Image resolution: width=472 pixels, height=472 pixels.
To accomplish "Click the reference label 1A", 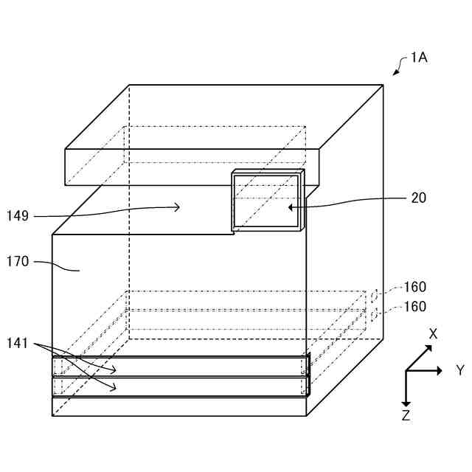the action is (x=419, y=57).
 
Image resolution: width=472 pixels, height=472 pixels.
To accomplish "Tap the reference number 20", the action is (x=417, y=198).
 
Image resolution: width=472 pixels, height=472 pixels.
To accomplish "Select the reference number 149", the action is (x=18, y=216).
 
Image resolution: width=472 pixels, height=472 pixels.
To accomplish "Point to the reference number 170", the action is (x=18, y=260).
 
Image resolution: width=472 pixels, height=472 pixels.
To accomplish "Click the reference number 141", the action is (x=18, y=342).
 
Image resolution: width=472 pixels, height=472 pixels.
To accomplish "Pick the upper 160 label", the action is (x=414, y=287).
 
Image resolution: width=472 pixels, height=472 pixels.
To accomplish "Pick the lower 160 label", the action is (x=414, y=306).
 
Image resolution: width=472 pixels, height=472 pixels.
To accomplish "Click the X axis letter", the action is (x=433, y=333).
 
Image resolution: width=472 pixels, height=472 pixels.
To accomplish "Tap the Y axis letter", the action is (x=460, y=370).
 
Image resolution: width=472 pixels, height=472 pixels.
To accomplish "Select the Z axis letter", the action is (x=406, y=416).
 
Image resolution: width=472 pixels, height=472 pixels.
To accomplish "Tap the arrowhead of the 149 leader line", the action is (x=177, y=208).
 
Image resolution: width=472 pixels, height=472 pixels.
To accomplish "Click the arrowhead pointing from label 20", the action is (x=291, y=207).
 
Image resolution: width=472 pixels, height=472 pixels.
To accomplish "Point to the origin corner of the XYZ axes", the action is (x=406, y=370).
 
